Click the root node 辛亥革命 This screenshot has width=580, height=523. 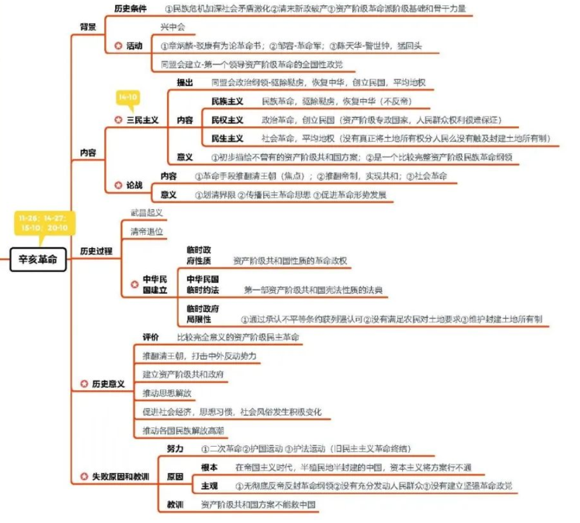click(x=39, y=260)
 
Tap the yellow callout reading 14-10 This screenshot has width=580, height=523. click(x=128, y=98)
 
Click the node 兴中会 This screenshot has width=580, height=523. click(x=172, y=27)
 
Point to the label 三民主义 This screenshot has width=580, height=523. click(x=143, y=120)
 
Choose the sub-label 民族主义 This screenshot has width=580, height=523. click(x=227, y=101)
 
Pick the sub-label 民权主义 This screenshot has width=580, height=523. click(x=227, y=120)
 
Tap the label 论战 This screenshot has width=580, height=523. click(x=134, y=185)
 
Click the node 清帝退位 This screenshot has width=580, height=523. click(x=147, y=231)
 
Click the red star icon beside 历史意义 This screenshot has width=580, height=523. click(x=83, y=384)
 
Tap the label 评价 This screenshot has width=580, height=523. click(x=151, y=337)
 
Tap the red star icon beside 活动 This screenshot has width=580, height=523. click(x=118, y=45)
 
